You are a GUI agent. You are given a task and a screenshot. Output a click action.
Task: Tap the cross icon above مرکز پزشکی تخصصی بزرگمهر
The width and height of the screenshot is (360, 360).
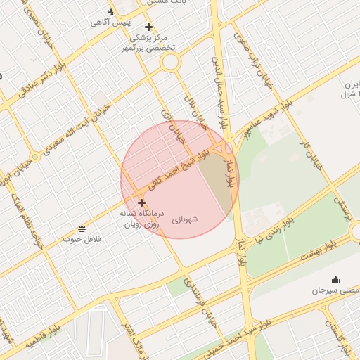tap(148, 27)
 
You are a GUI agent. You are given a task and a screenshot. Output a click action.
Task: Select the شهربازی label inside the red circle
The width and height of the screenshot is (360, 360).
tap(185, 219)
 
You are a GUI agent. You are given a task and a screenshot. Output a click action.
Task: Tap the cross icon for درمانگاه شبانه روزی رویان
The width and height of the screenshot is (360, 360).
tap(142, 202)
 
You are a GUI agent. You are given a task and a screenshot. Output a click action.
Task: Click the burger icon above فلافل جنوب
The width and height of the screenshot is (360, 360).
tap(83, 229)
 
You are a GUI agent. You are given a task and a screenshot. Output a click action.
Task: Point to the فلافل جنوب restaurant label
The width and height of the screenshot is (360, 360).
tap(83, 240)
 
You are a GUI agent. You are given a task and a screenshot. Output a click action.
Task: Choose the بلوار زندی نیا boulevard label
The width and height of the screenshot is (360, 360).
tap(277, 229)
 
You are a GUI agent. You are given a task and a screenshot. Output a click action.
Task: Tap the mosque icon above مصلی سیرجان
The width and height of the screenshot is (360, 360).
tap(335, 279)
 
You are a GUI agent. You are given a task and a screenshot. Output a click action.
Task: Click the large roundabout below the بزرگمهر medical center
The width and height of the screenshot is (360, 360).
tap(170, 62)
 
